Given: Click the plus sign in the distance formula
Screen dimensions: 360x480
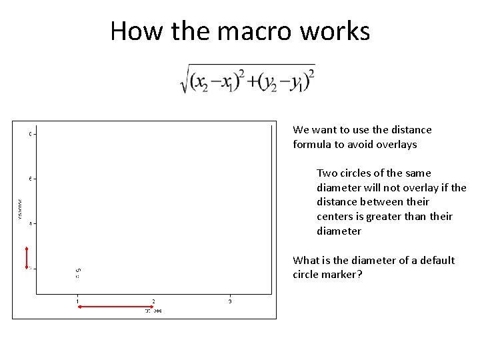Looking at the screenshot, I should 253,80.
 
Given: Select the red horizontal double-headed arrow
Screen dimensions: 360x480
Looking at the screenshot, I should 115,306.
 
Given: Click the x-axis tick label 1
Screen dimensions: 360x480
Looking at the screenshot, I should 77,302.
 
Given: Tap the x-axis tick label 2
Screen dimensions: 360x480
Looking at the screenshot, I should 154,302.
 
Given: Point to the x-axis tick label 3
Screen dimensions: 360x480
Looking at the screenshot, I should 230,302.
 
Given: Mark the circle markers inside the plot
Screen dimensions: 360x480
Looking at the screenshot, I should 77,273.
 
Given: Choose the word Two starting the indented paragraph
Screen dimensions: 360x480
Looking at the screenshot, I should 326,173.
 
